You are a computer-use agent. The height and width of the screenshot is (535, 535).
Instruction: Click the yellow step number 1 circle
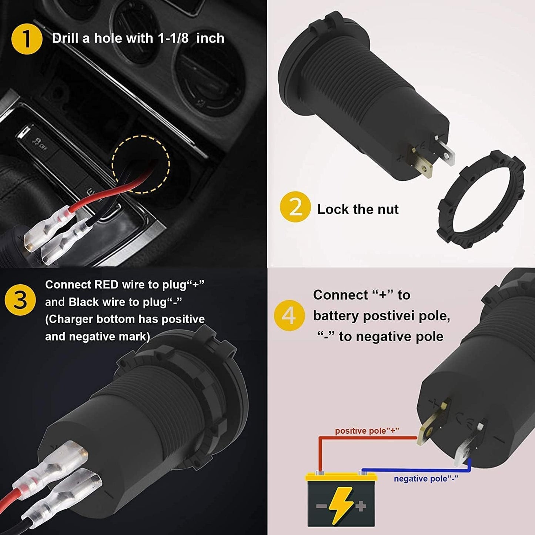point(27,39)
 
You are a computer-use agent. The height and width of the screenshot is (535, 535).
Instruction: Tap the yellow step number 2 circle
point(295,207)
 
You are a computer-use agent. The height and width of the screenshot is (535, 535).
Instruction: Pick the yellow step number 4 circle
point(290,316)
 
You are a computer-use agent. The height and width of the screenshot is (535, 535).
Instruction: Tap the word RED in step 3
point(106,285)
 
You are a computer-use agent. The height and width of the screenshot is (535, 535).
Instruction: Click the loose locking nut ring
point(481,200)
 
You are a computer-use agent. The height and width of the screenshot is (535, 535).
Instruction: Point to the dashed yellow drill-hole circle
point(141,164)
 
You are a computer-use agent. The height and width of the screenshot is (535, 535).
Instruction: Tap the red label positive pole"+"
point(367,431)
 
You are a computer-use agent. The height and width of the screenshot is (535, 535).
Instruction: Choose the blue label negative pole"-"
point(426,479)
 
